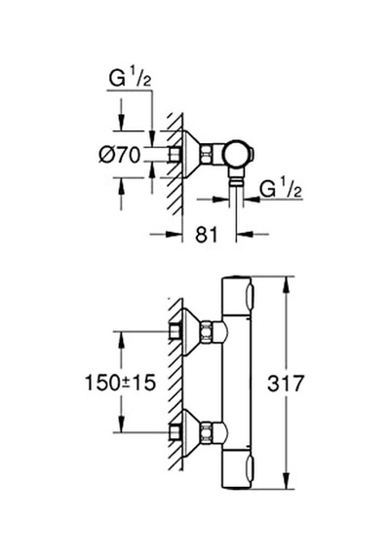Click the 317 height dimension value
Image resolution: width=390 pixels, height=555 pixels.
coord(286,383)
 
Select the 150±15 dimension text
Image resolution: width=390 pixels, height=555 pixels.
coord(121,383)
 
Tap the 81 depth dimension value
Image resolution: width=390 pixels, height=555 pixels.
coord(207,235)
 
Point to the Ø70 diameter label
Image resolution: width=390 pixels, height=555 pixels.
coord(120,155)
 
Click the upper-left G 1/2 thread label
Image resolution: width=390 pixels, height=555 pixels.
coord(130,79)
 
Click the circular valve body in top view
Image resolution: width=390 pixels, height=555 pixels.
coord(238,155)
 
